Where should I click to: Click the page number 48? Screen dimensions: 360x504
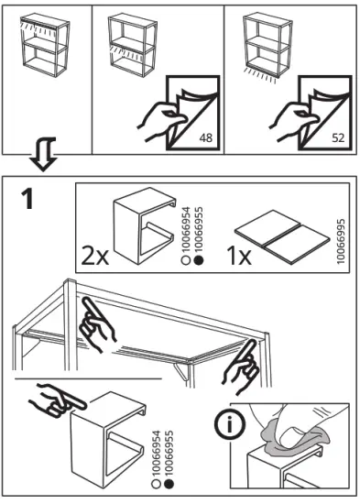click(206, 137)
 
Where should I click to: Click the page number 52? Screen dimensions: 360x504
click(338, 137)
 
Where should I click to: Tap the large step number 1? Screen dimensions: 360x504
click(28, 199)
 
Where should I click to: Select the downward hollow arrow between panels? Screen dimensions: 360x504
click(43, 154)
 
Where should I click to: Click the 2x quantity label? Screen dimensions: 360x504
click(95, 256)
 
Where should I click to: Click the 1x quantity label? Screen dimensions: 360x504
click(239, 256)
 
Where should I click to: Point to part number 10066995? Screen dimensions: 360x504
click(341, 241)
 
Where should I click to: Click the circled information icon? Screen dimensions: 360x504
click(230, 425)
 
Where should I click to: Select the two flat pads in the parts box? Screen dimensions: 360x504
click(282, 237)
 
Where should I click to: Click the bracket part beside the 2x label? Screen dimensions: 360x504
click(145, 225)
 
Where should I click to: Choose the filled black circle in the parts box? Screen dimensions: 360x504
click(199, 260)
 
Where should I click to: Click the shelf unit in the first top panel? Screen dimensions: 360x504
click(45, 45)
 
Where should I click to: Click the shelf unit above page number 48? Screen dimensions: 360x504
click(133, 45)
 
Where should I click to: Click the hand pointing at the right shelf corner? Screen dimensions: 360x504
click(241, 367)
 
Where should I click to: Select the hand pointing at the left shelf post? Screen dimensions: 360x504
click(97, 324)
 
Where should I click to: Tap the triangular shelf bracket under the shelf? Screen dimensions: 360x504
click(181, 371)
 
